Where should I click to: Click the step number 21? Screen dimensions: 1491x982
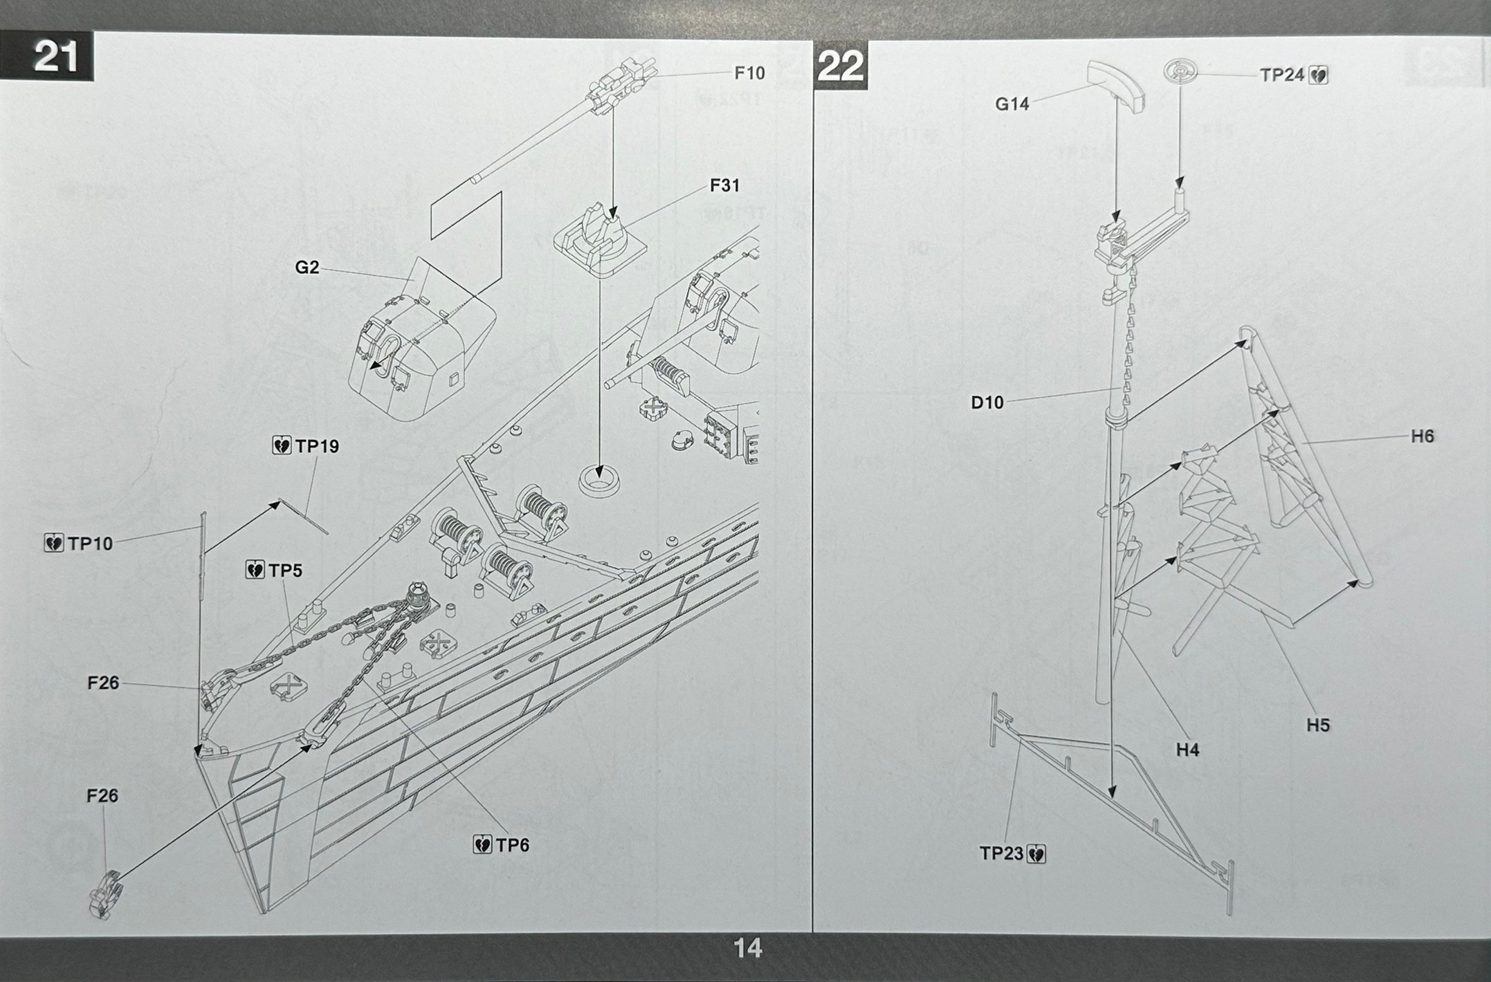[x=55, y=56]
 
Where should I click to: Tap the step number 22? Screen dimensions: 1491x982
[x=840, y=66]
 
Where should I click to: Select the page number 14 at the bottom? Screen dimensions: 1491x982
[x=747, y=947]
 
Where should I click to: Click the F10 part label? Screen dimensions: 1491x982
[x=749, y=73]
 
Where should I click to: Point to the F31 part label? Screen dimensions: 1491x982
[x=724, y=185]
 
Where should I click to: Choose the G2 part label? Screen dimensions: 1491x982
[x=307, y=267]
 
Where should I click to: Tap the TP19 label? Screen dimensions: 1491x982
[x=317, y=447]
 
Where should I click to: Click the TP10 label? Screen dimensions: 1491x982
[x=89, y=544]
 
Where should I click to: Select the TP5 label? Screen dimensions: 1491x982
[x=285, y=571]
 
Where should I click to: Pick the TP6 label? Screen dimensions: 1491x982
[x=512, y=845]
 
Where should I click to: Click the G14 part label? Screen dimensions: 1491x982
[x=1012, y=104]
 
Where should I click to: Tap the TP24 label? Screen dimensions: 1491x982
[x=1281, y=75]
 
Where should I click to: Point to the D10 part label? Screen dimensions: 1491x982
[x=987, y=402]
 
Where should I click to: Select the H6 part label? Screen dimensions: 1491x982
[x=1423, y=436]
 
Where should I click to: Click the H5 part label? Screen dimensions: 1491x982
[x=1318, y=725]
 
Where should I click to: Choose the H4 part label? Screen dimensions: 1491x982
[x=1187, y=750]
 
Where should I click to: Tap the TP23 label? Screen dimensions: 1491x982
[x=1001, y=854]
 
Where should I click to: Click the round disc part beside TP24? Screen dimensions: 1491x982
[x=1180, y=72]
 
